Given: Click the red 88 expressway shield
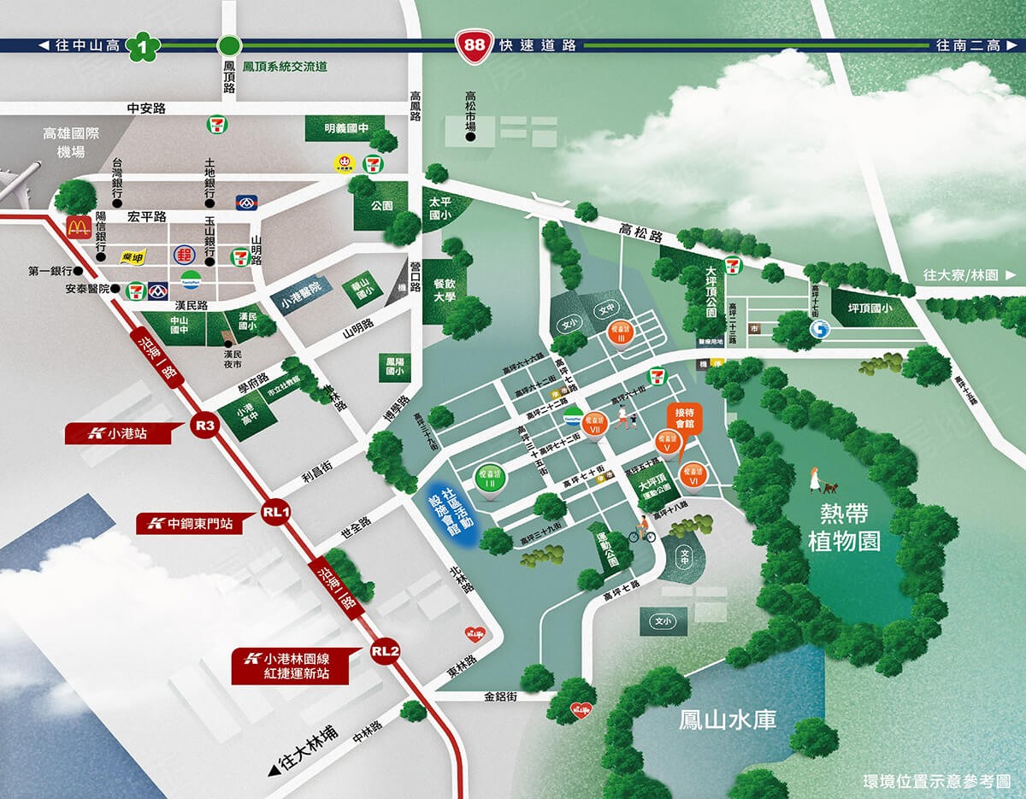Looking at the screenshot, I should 469,46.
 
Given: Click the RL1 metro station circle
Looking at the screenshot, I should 276,514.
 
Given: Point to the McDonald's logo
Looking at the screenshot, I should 79,226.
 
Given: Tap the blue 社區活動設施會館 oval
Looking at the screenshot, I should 451,512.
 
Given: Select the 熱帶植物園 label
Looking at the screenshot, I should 844,527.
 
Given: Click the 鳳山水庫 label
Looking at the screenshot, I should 728,720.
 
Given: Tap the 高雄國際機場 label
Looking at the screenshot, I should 71,143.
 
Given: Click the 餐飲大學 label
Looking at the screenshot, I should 444,291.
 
